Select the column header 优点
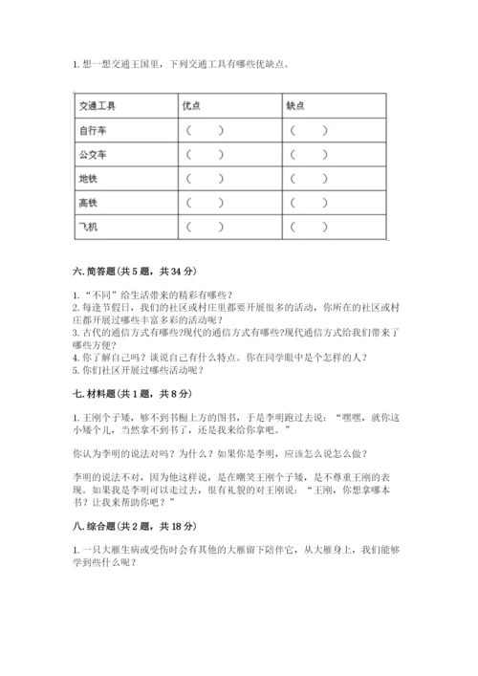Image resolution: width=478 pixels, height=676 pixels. (191, 105)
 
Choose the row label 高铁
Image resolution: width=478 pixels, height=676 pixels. (87, 203)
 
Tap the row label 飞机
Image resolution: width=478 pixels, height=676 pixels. (87, 228)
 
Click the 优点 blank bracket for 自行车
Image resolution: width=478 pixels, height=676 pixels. (206, 130)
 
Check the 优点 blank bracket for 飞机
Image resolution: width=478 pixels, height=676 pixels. (206, 228)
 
